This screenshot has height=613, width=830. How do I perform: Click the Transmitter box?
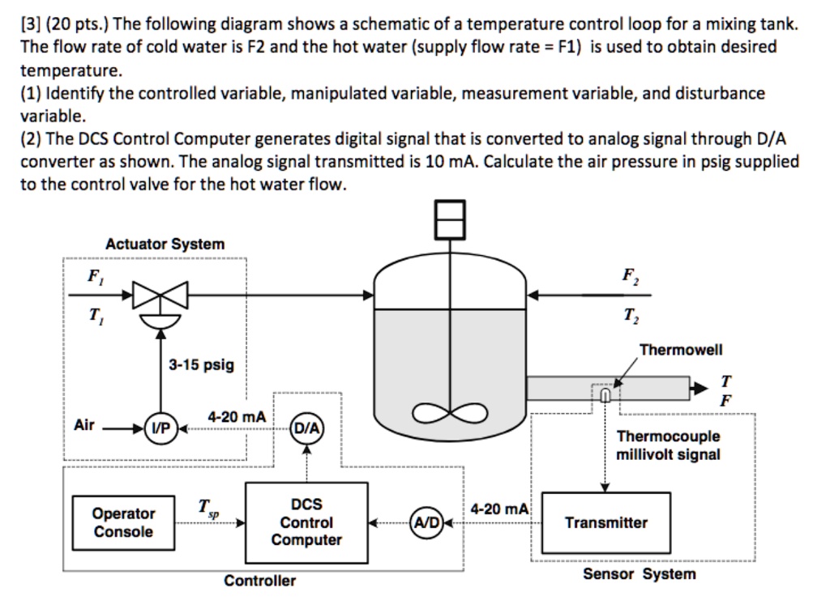tap(605, 522)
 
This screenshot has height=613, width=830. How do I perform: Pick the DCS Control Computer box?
tap(306, 522)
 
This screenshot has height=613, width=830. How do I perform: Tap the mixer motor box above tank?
tap(451, 219)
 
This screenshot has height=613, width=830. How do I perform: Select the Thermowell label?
tap(680, 350)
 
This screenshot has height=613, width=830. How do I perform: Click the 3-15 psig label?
tap(201, 364)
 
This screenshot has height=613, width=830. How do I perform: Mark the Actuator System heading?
tap(165, 244)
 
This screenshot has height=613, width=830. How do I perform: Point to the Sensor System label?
tap(639, 574)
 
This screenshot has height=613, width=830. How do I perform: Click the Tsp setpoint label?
tap(208, 508)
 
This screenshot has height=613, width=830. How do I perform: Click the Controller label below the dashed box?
tap(259, 581)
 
